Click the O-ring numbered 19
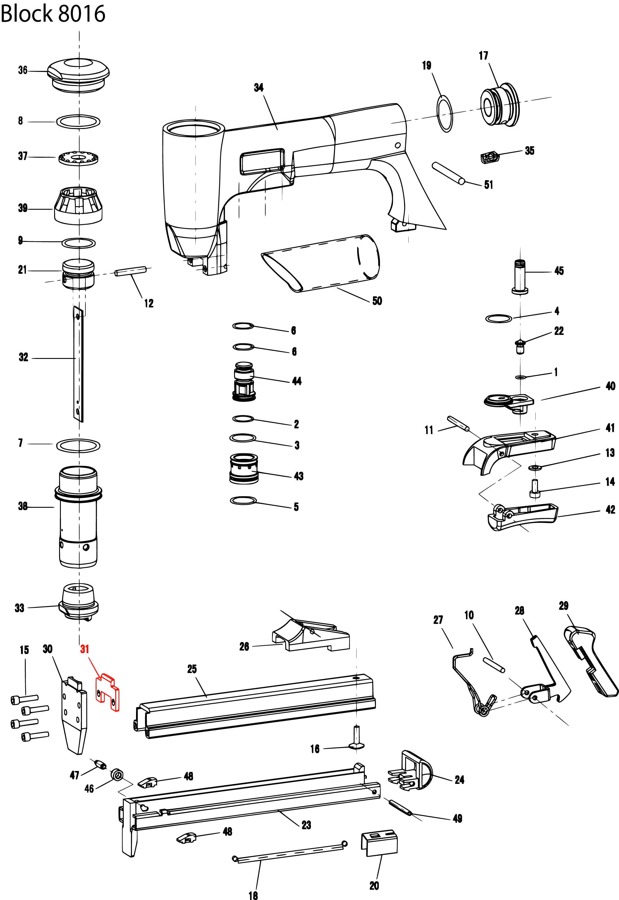pos(445,113)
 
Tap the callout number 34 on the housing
pos(259,88)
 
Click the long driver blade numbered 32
pos(78,363)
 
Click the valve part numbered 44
pos(244,382)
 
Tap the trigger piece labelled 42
pos(522,516)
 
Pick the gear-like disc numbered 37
pos(78,158)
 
